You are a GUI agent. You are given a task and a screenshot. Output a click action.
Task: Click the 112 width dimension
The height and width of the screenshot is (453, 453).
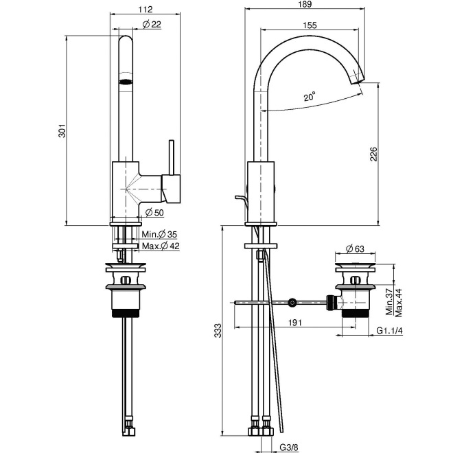click(145, 10)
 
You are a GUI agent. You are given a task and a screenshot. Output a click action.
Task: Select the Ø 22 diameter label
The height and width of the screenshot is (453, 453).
click(152, 25)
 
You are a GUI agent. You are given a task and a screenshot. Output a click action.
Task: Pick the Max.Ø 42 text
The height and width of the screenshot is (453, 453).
click(161, 246)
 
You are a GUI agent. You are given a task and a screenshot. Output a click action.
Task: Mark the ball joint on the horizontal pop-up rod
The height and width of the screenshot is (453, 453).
click(293, 302)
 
